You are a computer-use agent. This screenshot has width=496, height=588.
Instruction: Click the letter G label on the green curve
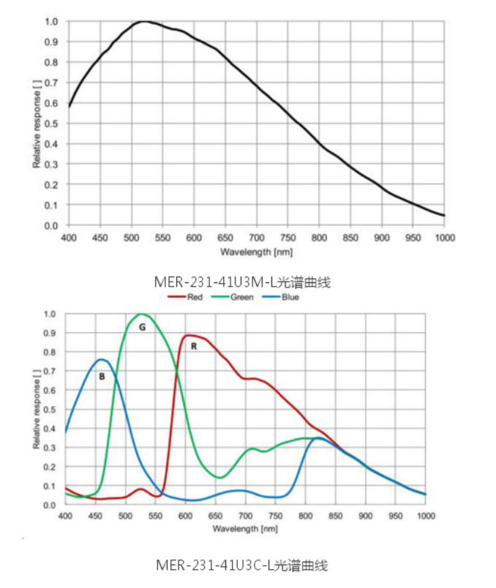142,327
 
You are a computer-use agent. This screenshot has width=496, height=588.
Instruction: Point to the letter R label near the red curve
193,346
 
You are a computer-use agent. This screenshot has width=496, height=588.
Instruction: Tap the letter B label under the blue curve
102,377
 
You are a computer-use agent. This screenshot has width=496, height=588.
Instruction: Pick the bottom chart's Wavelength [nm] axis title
246,528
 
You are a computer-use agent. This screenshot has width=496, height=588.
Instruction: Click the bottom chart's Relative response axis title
37,410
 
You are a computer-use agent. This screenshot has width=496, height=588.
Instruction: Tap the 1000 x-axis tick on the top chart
444,238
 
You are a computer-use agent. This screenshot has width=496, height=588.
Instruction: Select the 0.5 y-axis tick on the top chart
51,124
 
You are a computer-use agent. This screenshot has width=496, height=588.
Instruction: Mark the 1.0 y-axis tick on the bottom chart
50,314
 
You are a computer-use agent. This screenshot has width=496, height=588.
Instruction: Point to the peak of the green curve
140,314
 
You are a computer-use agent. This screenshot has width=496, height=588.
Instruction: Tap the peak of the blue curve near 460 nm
102,359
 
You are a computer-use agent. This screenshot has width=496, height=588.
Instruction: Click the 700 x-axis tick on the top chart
256,238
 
